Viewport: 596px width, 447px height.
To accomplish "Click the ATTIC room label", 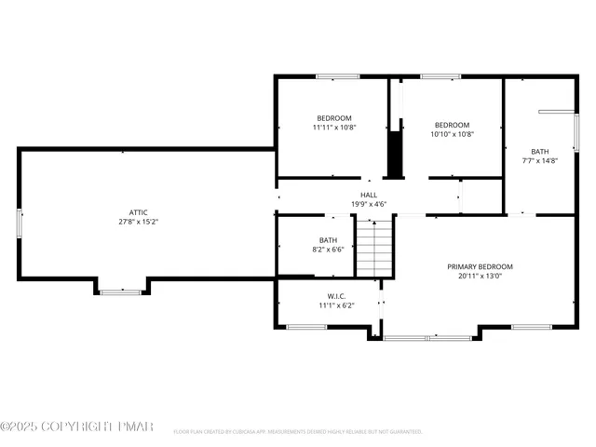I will click(138, 212).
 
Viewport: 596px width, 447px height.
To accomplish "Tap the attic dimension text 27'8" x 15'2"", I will click(138, 223).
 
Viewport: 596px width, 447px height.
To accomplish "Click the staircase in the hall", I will click(373, 247).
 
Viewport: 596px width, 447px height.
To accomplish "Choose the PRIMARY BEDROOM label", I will click(480, 266).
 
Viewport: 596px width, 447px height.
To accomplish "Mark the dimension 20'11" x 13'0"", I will click(480, 276).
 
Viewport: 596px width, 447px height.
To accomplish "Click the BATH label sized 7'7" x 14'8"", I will click(540, 152).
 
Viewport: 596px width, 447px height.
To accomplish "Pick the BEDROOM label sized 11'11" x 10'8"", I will click(334, 117).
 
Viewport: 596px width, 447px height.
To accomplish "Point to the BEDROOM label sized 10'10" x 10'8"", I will click(452, 125).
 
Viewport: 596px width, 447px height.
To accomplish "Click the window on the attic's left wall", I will click(20, 223).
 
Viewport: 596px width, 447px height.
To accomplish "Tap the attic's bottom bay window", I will click(121, 292).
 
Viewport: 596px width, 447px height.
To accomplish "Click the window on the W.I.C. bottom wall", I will click(305, 327).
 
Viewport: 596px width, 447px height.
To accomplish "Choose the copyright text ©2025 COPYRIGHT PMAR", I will click(71, 427).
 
